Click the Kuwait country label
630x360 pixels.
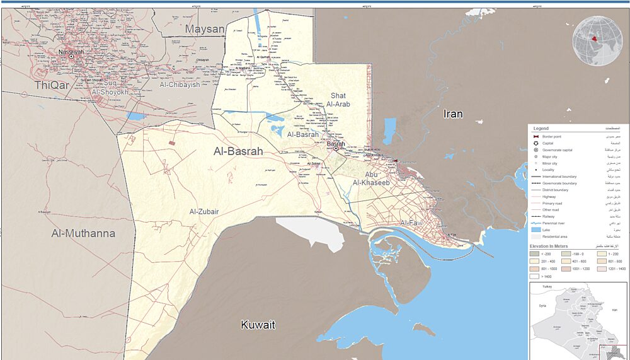click(258, 325)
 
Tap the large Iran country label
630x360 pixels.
click(453, 113)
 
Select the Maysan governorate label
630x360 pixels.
click(204, 29)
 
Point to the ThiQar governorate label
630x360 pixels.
click(52, 85)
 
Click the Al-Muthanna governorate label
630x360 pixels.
click(83, 233)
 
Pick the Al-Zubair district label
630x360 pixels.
click(204, 212)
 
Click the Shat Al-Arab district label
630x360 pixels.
click(338, 100)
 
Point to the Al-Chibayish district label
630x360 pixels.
click(180, 84)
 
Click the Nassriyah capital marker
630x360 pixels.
click(71, 56)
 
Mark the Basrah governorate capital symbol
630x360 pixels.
click(335, 149)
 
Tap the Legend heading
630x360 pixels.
click(541, 129)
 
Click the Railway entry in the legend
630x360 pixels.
click(549, 216)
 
